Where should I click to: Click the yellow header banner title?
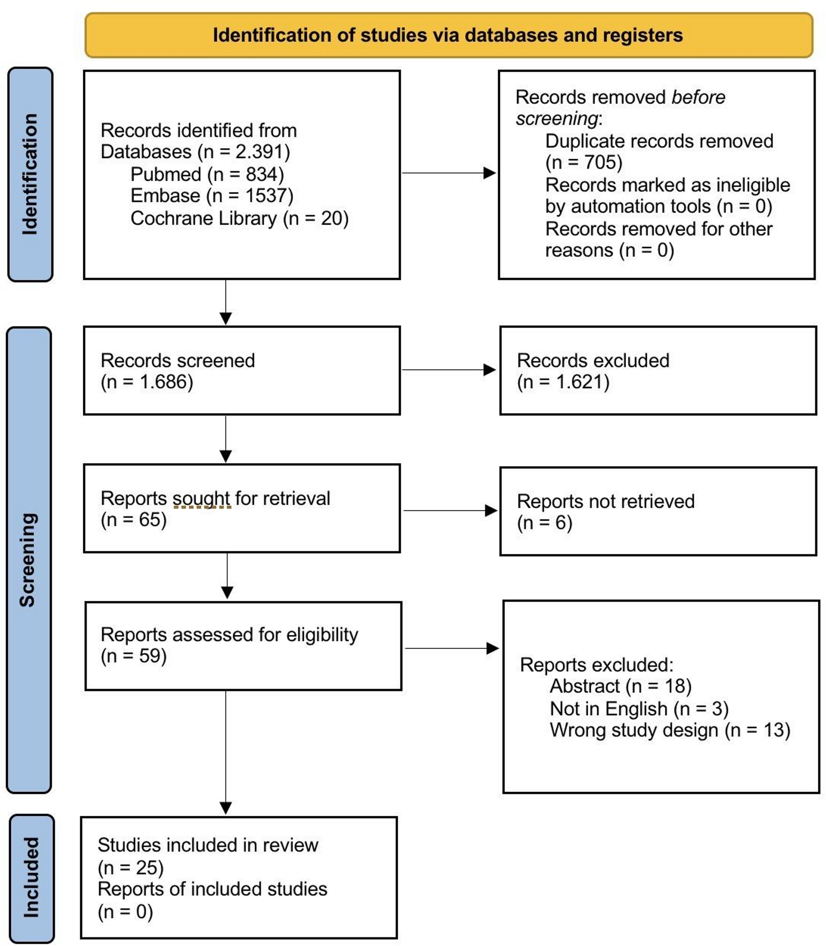pyautogui.click(x=448, y=35)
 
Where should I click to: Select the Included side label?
pyautogui.click(x=31, y=877)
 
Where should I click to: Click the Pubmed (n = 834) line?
pyautogui.click(x=207, y=174)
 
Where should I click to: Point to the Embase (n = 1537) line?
pyautogui.click(x=212, y=195)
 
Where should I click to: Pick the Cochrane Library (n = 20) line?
pyautogui.click(x=239, y=218)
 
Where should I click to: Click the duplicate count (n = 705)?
pyautogui.click(x=584, y=162)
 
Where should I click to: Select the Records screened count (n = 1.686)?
pyautogui.click(x=147, y=382)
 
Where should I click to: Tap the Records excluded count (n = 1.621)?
pyautogui.click(x=563, y=382)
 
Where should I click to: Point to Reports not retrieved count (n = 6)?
pyautogui.click(x=544, y=523)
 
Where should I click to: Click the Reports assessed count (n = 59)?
pyautogui.click(x=133, y=656)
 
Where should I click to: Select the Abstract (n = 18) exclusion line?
pyautogui.click(x=620, y=686)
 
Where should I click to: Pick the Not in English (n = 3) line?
pyautogui.click(x=639, y=708)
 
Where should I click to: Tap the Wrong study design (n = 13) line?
pyautogui.click(x=670, y=730)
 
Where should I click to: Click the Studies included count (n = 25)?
pyautogui.click(x=131, y=868)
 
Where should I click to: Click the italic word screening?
pyautogui.click(x=557, y=119)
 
